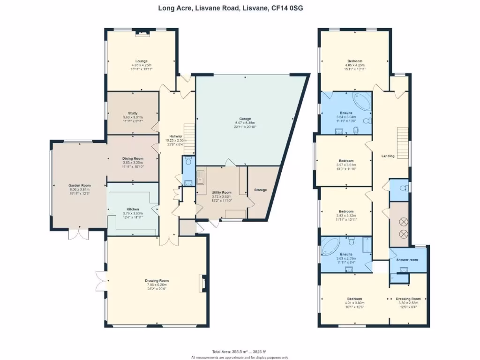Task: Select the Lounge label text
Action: (142, 61)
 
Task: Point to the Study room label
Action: (133, 112)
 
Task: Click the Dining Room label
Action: (132, 158)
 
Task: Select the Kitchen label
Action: (133, 209)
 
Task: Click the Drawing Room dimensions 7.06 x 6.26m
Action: (157, 285)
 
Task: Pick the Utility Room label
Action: (221, 192)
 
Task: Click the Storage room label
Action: (261, 190)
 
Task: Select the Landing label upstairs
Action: (388, 156)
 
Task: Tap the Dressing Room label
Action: (408, 299)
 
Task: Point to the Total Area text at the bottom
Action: (239, 351)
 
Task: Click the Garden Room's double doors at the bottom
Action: (78, 233)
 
